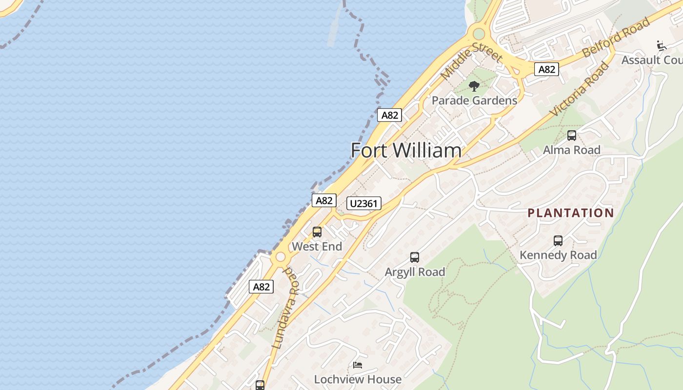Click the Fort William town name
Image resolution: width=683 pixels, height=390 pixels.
(x=406, y=150)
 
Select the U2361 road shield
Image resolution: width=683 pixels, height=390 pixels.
(x=363, y=203)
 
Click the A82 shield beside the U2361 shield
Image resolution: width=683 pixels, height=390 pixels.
(x=324, y=200)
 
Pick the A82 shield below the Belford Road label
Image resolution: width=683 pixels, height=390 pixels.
(x=546, y=69)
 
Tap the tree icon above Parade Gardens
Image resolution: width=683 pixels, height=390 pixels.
(x=474, y=87)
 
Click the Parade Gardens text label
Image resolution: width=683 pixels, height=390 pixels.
(x=474, y=100)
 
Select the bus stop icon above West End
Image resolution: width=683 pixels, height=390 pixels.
(x=317, y=232)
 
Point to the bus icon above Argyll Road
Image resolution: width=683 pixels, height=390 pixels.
(x=415, y=257)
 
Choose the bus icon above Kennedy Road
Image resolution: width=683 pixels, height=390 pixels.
(x=558, y=240)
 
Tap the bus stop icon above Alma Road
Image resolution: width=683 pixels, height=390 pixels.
(x=572, y=136)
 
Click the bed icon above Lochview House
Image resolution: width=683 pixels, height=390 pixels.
(x=358, y=365)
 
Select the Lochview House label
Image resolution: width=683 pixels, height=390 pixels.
(x=358, y=379)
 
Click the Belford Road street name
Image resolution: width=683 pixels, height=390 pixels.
(x=617, y=37)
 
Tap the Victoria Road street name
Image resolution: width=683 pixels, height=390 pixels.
(x=580, y=89)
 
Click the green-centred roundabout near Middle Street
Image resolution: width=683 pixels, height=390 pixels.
(x=479, y=34)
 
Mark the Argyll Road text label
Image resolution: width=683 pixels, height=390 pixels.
(x=415, y=272)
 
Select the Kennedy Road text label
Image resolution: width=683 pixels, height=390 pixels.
(x=558, y=255)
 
